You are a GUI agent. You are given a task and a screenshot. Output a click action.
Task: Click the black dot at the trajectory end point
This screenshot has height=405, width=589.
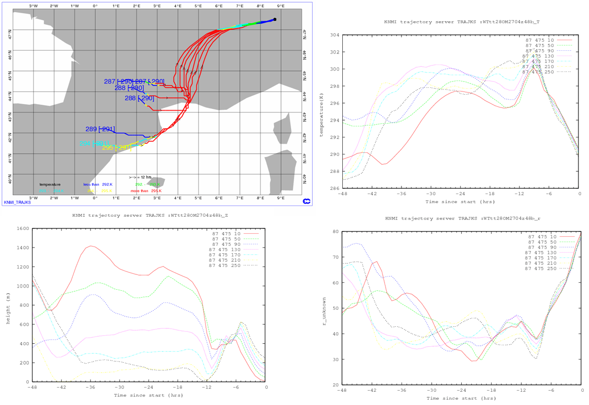point(275,20)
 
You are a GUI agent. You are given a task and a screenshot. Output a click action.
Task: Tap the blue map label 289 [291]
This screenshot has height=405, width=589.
point(100,129)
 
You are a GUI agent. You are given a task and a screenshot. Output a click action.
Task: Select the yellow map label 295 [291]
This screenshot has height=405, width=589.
point(116,148)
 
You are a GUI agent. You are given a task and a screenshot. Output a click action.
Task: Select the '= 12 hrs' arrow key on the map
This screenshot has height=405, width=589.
point(141,177)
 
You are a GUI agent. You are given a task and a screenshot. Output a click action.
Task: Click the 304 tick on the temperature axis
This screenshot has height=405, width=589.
point(335,35)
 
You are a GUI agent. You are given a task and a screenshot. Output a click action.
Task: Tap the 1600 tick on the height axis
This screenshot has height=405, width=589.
point(22,229)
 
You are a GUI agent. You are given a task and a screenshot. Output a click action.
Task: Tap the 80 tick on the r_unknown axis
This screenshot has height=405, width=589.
point(335,232)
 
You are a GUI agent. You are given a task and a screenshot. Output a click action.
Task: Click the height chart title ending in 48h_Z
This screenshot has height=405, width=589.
point(151,216)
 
